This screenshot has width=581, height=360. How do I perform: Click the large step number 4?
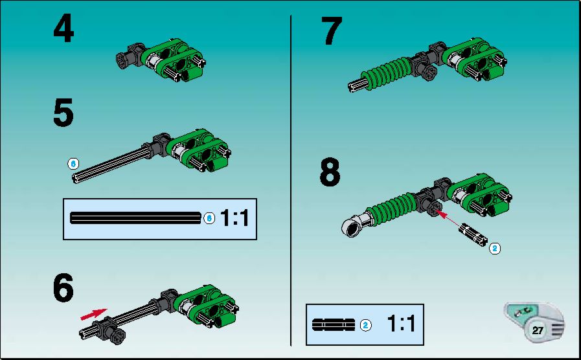pos(63,28)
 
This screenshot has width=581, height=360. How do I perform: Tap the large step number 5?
pos(63,113)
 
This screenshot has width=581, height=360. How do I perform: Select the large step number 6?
pos(63,287)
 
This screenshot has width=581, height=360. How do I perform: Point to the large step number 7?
pos(331,31)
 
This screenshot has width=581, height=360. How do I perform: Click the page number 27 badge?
pos(538,330)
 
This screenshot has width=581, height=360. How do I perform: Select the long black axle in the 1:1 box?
pos(135,218)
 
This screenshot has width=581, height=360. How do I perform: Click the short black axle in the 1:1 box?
pos(334,325)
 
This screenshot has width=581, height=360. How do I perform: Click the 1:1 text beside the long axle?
pos(234,218)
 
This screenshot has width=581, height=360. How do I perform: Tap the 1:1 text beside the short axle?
pos(402,323)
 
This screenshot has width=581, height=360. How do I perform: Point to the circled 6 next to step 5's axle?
pos(73,163)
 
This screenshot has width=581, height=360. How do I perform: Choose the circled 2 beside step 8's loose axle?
pos(495,248)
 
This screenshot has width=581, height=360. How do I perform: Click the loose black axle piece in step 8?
pos(473,234)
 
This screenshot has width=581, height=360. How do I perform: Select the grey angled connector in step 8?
pos(354,225)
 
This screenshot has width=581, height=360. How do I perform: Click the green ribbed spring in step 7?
pos(386,72)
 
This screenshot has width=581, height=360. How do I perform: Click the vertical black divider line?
pos(291,181)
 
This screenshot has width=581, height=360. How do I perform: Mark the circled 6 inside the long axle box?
pos(209,218)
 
